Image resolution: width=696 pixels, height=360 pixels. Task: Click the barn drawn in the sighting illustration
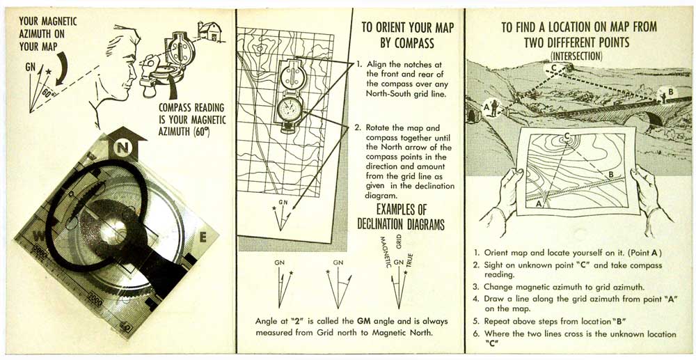click(209, 31)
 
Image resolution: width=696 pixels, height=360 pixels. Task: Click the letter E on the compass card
click(203, 238)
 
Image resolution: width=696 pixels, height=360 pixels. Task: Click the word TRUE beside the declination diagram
click(410, 260)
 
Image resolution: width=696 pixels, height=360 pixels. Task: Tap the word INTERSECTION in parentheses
click(576, 56)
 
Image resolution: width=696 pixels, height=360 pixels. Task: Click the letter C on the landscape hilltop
click(554, 68)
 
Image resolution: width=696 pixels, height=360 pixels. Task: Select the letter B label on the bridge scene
click(671, 91)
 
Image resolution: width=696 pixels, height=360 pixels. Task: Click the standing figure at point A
click(494, 109)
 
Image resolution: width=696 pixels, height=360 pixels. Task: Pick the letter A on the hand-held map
click(538, 203)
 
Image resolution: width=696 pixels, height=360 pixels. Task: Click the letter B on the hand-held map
click(611, 175)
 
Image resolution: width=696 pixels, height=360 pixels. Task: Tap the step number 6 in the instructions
click(476, 334)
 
